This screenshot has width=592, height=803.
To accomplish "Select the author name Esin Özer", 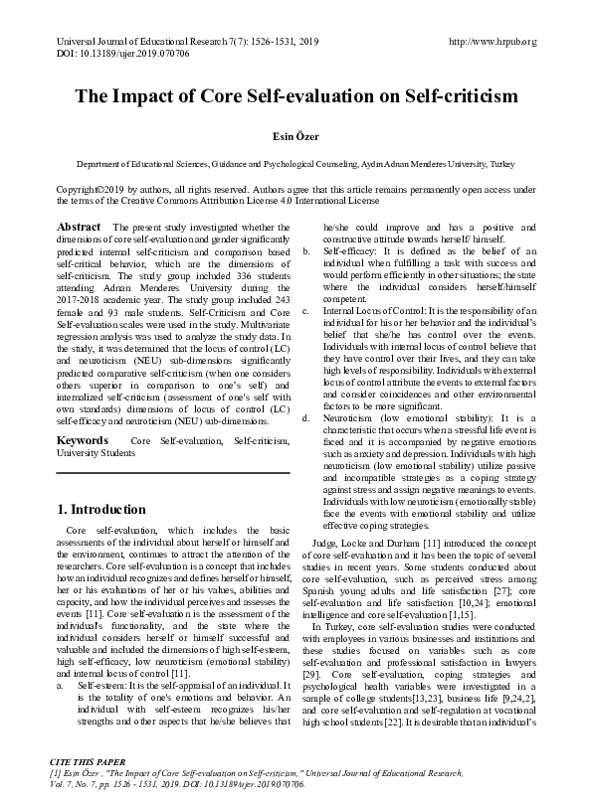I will (296, 137).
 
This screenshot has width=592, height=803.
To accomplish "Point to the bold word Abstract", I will (79, 228).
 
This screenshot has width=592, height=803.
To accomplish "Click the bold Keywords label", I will (83, 439).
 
